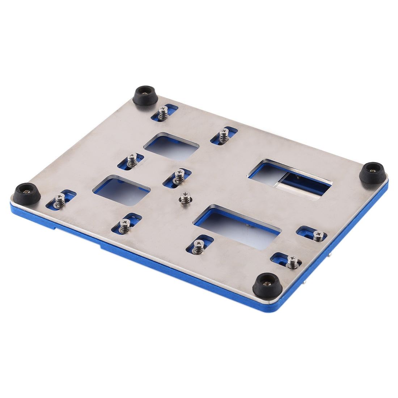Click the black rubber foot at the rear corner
145,95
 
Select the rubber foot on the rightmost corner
373,173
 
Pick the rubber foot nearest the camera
267,285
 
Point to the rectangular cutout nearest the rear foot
172,147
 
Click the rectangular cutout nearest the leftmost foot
122,190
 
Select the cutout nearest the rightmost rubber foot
289,179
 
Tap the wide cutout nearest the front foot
237,227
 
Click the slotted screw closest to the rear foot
163,113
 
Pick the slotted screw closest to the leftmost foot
60,200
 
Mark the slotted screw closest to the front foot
292,262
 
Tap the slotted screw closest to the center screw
179,176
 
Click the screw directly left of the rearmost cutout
132,160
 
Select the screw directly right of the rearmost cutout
224,135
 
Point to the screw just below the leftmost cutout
125,226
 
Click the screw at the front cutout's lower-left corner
198,247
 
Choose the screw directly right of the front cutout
318,236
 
